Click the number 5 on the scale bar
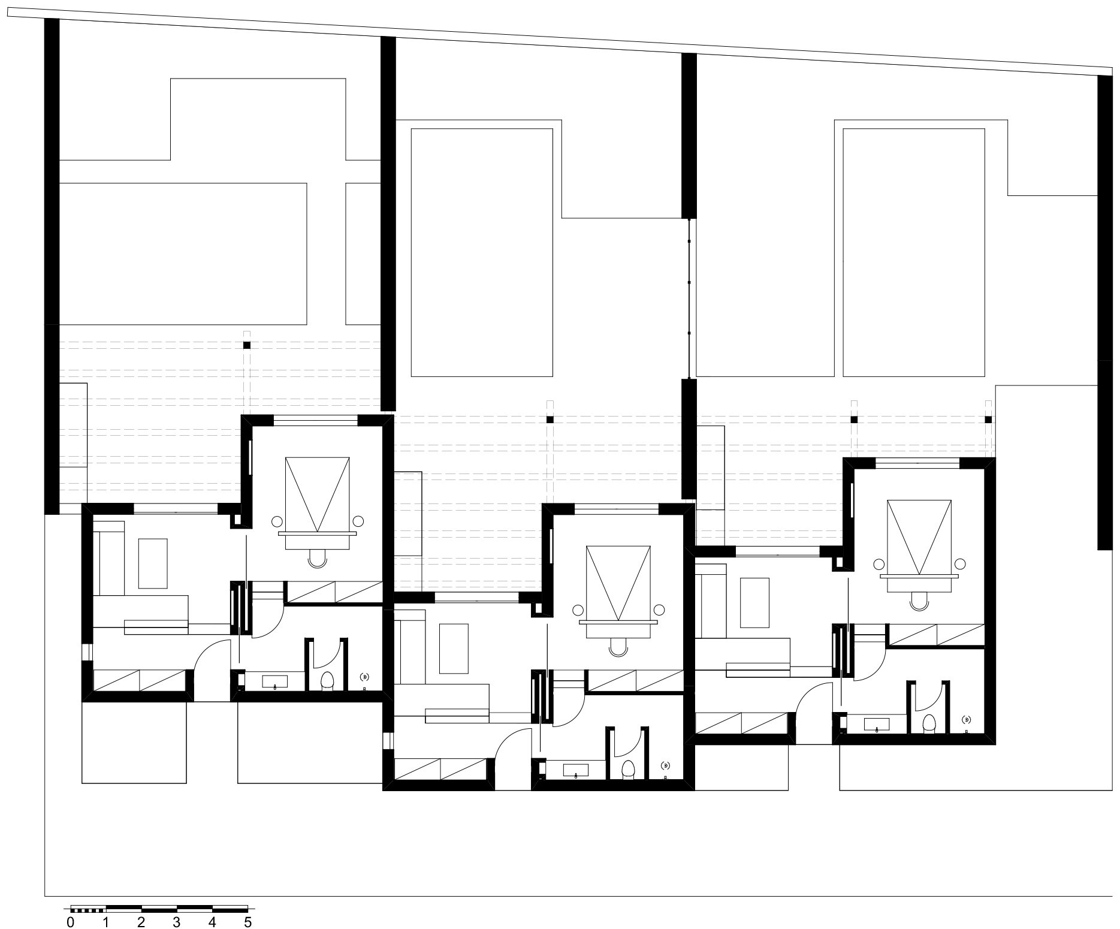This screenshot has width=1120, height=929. [247, 922]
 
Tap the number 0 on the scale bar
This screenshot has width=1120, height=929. [71, 922]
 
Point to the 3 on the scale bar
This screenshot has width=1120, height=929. [177, 922]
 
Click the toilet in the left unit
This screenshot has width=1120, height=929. [327, 680]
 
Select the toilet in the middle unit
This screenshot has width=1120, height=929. [628, 768]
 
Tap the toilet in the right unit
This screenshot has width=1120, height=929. [929, 723]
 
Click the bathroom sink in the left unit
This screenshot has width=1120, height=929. [274, 681]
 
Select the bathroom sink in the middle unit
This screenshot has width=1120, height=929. [575, 770]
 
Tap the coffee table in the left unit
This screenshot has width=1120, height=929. [153, 563]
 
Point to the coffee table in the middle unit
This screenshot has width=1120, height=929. [454, 649]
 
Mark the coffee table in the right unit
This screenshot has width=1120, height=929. [754, 602]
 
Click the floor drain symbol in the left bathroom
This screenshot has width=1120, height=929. [364, 677]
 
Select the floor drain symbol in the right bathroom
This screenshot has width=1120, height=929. [966, 719]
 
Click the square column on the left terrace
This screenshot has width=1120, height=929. [247, 345]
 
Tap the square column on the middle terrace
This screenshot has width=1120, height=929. [550, 420]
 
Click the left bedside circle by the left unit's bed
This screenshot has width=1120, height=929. [277, 521]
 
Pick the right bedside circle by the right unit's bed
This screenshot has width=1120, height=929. [960, 563]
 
